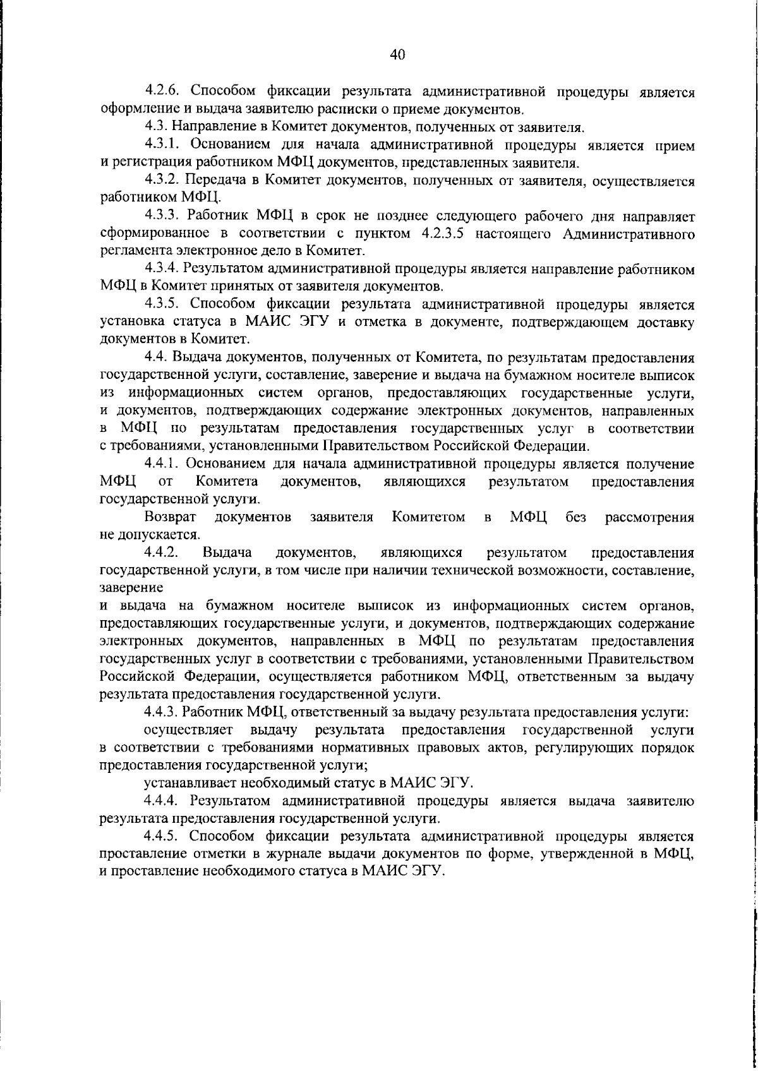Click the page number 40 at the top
coord(397,55)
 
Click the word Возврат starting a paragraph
coord(170,518)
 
